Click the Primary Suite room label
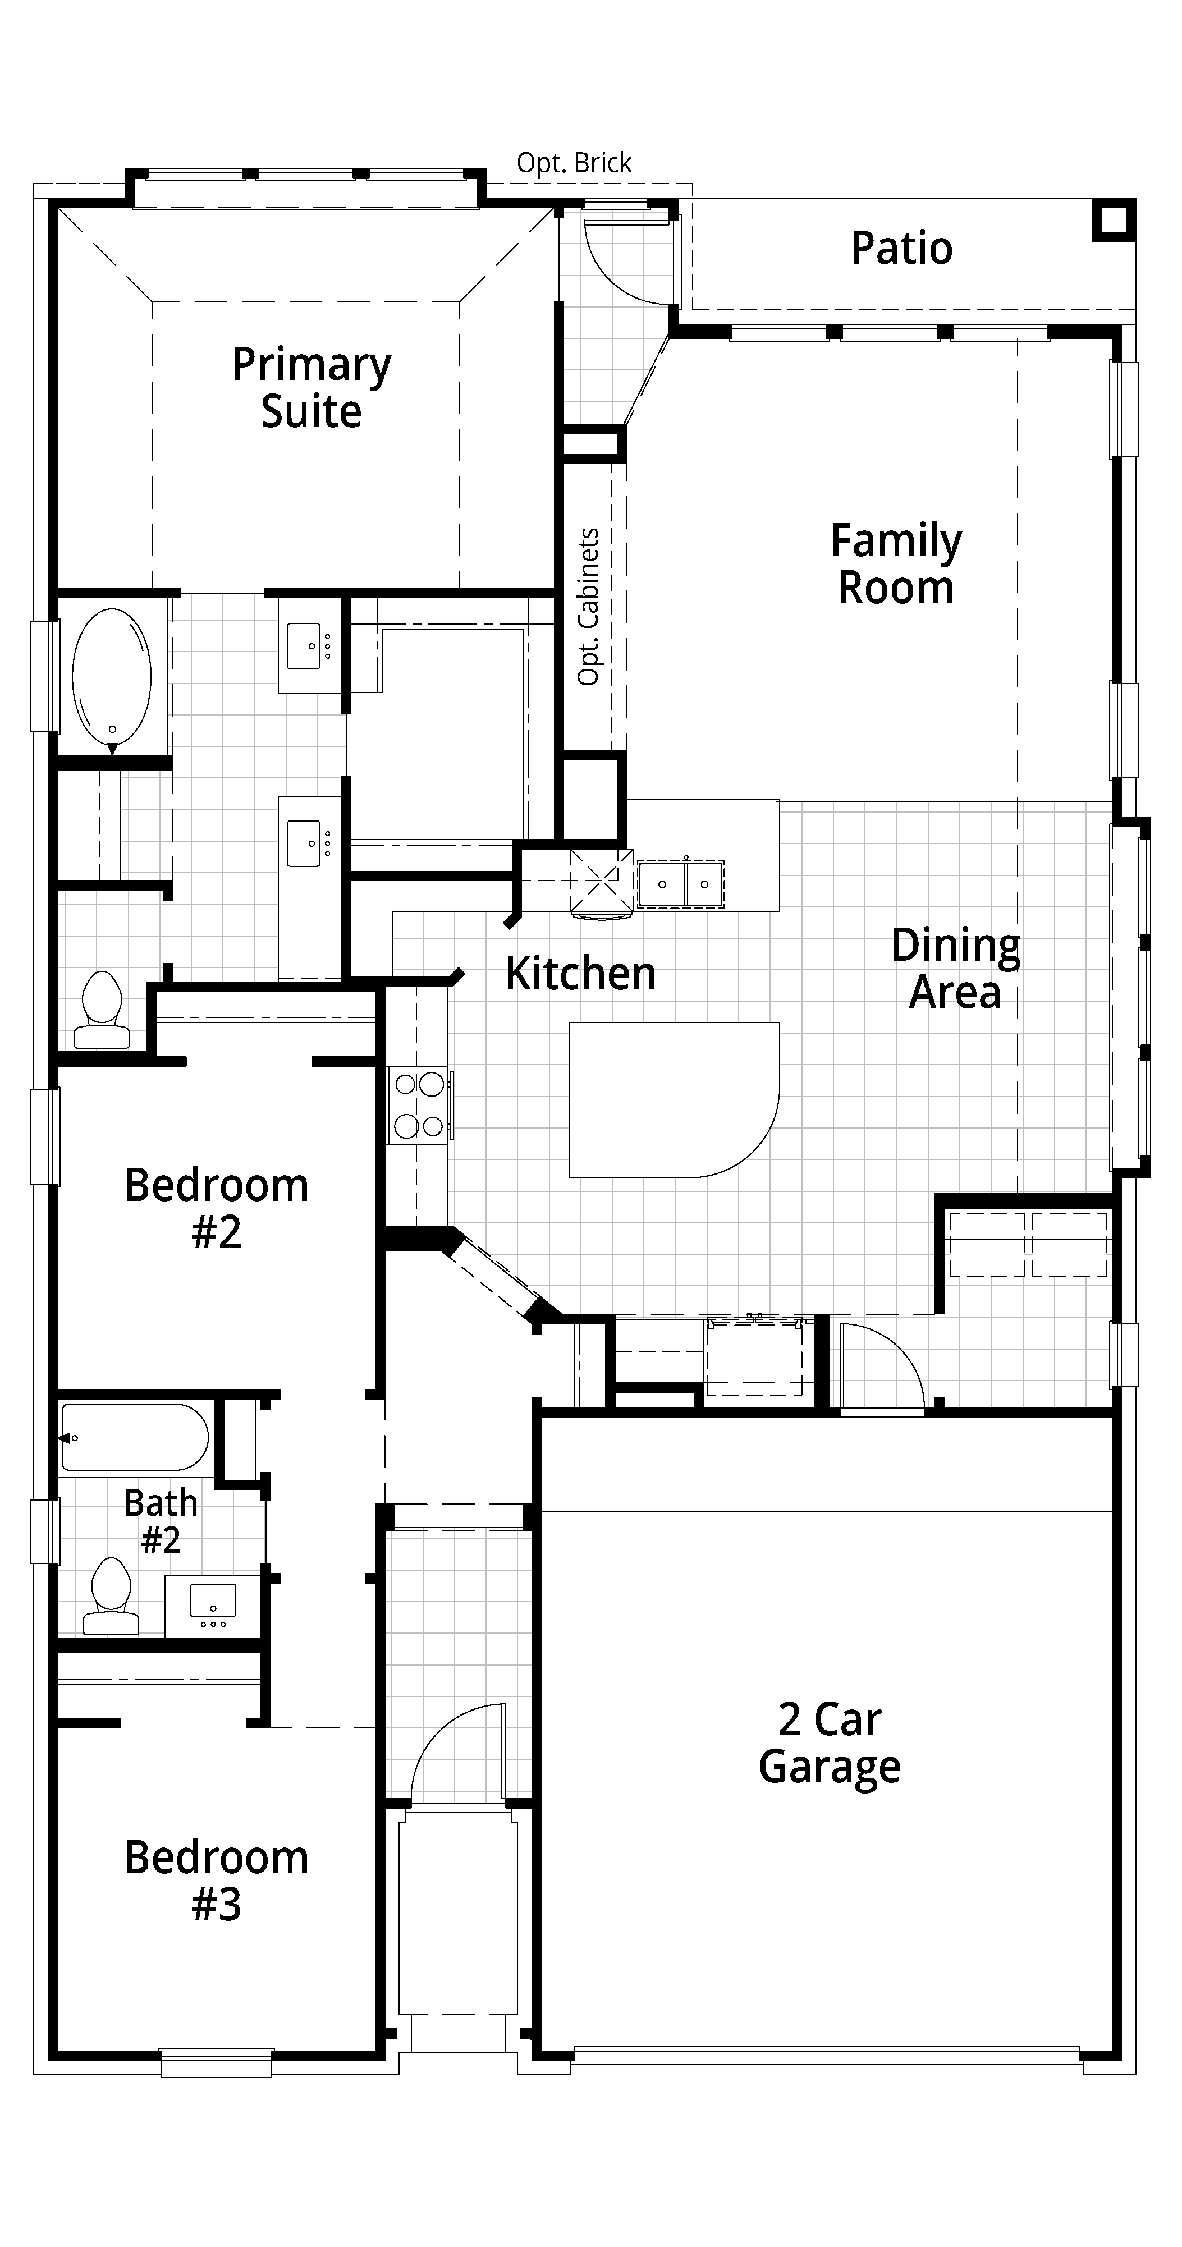(x=311, y=388)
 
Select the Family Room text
(x=896, y=563)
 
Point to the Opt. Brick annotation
(x=574, y=163)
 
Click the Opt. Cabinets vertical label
(x=589, y=606)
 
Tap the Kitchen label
(x=580, y=974)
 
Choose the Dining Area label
(x=955, y=968)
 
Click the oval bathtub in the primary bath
(x=112, y=678)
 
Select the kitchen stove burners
(x=419, y=1105)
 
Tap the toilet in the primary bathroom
(x=102, y=1010)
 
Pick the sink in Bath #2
(x=213, y=1602)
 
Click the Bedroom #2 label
(x=216, y=1208)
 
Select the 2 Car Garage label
(x=830, y=1743)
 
